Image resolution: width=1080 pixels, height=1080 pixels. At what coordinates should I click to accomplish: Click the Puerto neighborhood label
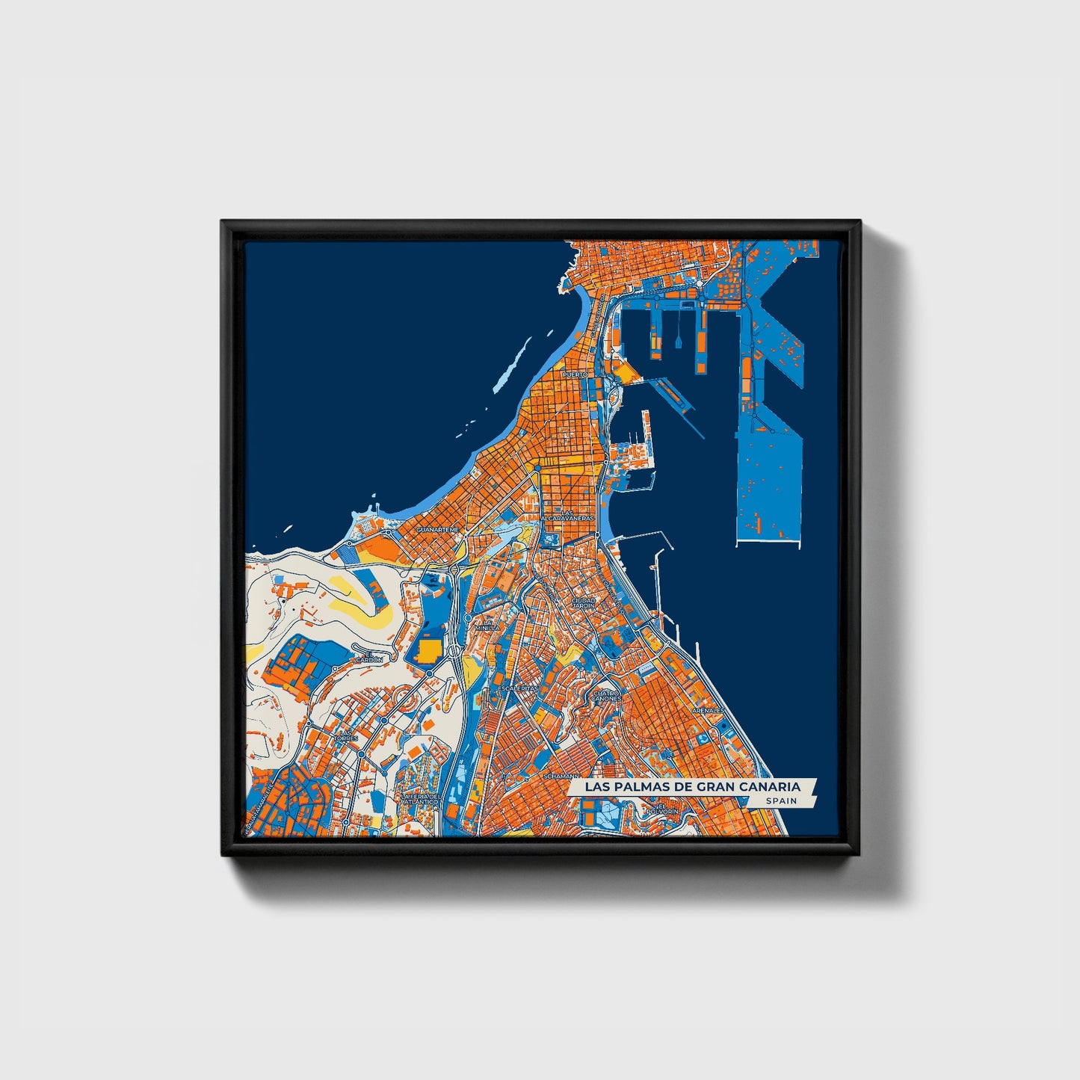click(575, 374)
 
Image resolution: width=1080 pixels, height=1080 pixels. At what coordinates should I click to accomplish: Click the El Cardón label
click(368, 658)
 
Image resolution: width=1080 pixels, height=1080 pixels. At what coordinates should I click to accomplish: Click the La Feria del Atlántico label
click(419, 799)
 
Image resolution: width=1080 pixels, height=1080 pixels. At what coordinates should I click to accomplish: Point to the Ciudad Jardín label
click(583, 602)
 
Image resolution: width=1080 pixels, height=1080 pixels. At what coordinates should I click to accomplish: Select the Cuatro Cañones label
click(606, 696)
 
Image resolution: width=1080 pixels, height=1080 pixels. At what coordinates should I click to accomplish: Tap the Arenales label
click(707, 710)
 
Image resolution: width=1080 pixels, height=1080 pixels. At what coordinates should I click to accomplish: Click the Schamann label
click(561, 776)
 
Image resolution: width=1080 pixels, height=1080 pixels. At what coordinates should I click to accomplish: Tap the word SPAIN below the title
click(781, 801)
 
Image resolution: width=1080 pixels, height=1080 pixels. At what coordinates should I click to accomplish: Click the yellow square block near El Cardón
click(428, 650)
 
